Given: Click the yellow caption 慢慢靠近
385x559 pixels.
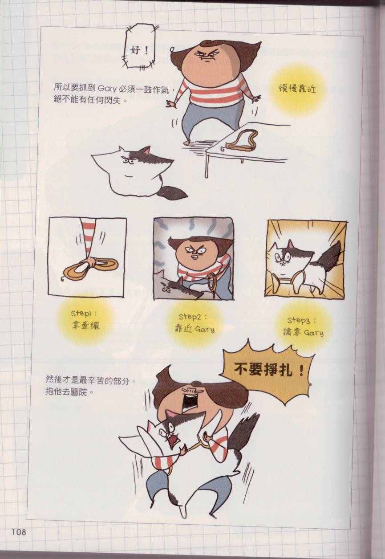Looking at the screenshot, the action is tap(297, 89).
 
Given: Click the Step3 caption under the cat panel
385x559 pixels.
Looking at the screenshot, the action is tap(303, 327).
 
